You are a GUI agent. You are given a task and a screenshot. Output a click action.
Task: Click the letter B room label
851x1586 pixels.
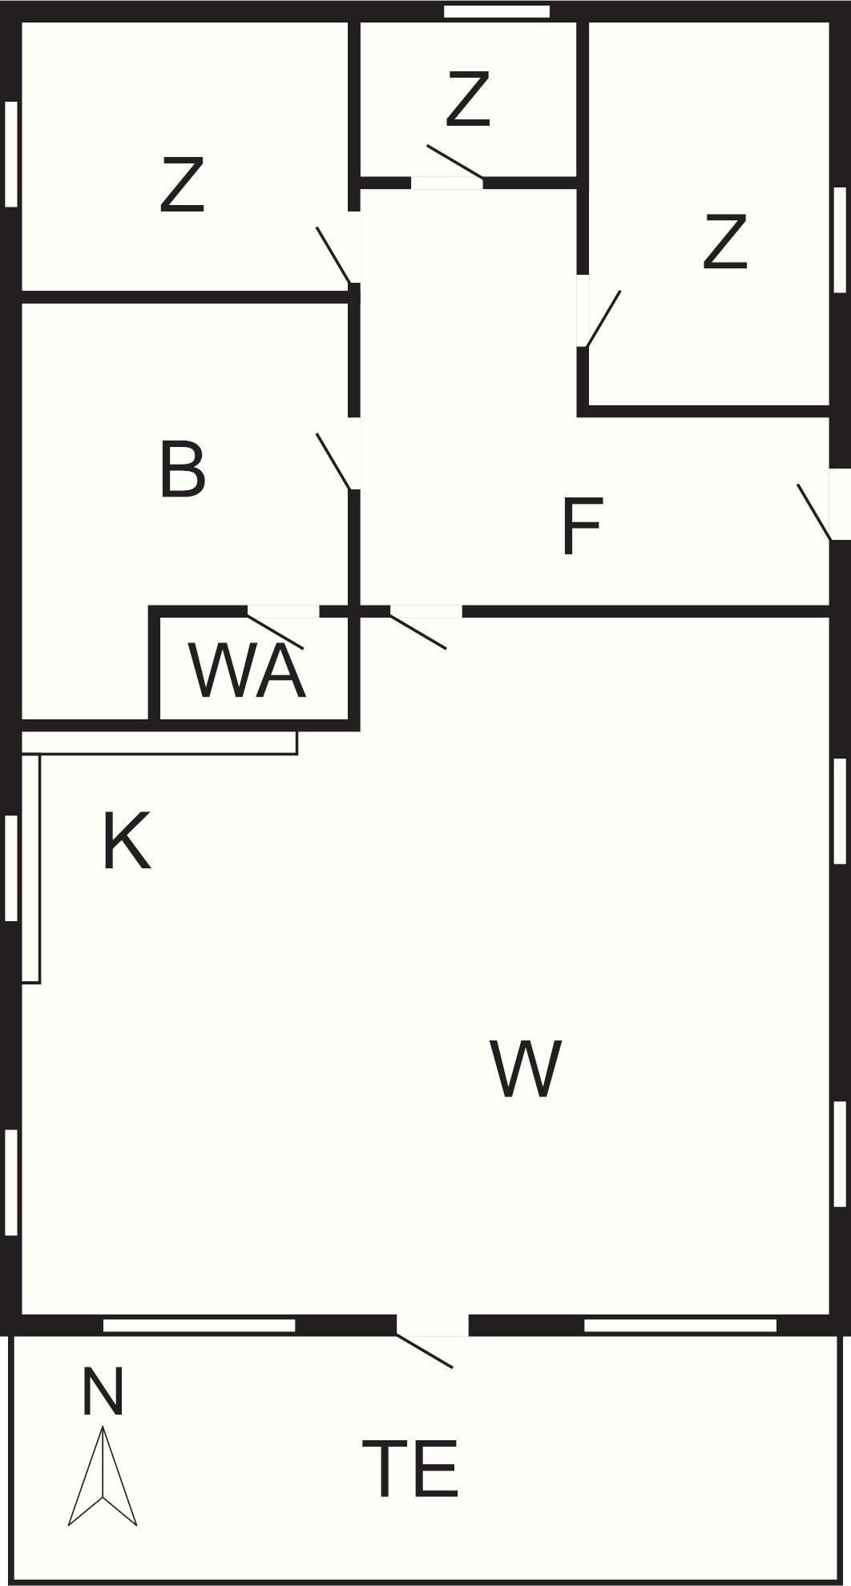(183, 469)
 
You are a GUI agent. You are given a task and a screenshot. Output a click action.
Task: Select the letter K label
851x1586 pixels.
(127, 840)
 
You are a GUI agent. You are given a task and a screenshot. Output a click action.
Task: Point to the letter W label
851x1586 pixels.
(525, 1069)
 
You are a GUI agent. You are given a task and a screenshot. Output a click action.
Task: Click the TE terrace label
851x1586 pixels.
(410, 1468)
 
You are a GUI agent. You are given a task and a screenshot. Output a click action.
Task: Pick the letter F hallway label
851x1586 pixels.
(582, 525)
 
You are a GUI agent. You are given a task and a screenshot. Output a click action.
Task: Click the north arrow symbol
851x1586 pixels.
(103, 1475)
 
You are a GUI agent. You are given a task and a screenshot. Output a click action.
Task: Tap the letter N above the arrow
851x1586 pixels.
(103, 1392)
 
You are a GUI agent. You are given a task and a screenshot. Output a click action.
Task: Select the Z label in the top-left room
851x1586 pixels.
(182, 184)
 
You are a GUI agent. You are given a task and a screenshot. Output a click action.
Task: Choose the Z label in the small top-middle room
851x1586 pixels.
(467, 99)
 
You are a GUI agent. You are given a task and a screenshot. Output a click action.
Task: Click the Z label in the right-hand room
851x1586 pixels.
(724, 240)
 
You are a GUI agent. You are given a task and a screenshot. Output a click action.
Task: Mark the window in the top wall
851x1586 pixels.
(497, 11)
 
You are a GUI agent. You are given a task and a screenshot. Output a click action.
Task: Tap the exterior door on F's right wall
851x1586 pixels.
(825, 505)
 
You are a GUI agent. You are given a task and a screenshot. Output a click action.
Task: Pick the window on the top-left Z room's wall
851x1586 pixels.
(11, 154)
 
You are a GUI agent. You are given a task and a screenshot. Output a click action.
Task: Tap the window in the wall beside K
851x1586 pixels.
(11, 867)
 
